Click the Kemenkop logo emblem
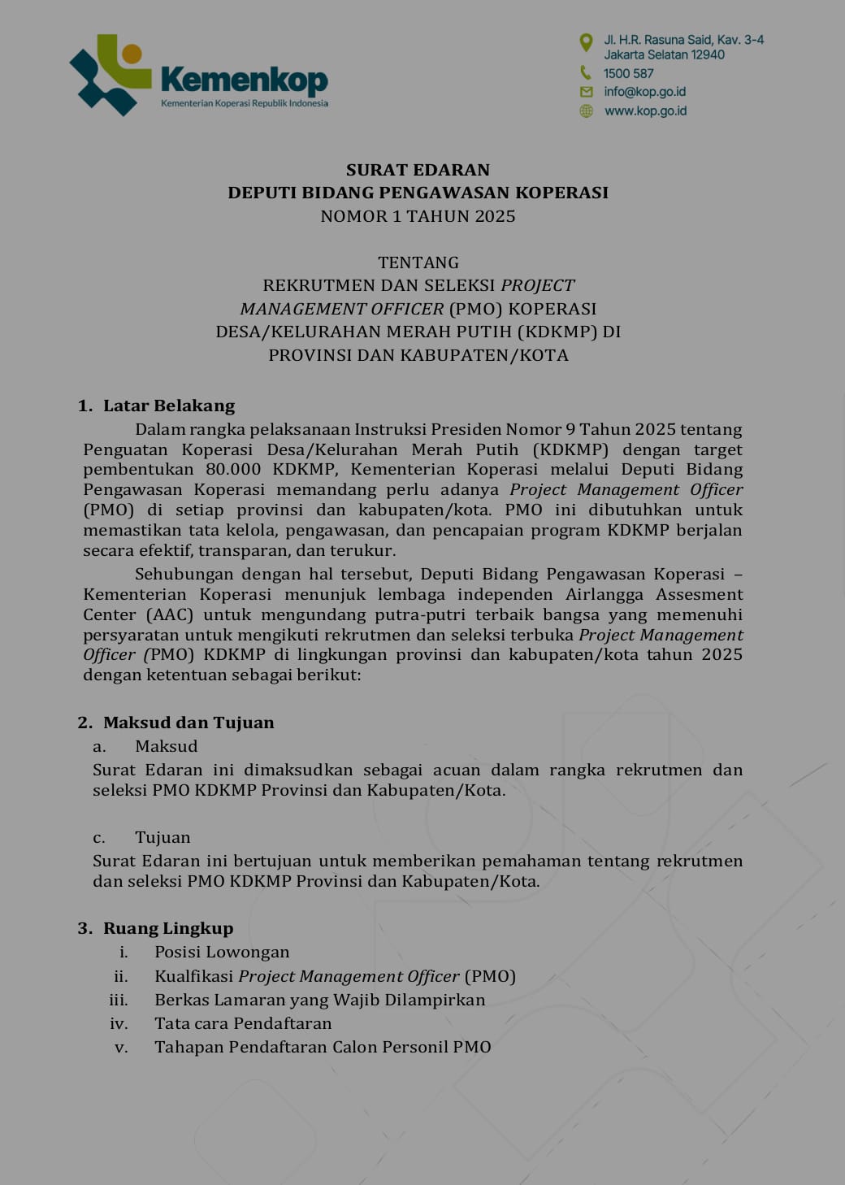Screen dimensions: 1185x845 110,75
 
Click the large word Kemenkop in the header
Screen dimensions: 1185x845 244,80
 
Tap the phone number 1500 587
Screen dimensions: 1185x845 628,73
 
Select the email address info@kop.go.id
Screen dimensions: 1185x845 644,92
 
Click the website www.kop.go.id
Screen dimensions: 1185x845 645,111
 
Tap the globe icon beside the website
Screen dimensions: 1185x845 586,111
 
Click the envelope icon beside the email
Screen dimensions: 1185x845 586,92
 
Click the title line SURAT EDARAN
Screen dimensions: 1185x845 418,170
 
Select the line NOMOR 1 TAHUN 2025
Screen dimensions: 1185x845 418,216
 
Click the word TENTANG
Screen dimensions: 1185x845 418,263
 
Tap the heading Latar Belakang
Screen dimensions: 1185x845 169,406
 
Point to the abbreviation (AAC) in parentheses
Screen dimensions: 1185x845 171,614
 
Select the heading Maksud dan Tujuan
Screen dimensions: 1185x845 188,723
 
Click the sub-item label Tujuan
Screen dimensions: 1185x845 162,837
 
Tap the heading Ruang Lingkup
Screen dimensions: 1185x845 168,928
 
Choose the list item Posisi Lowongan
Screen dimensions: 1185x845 222,952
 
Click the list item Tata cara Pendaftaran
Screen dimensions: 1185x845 243,1023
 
